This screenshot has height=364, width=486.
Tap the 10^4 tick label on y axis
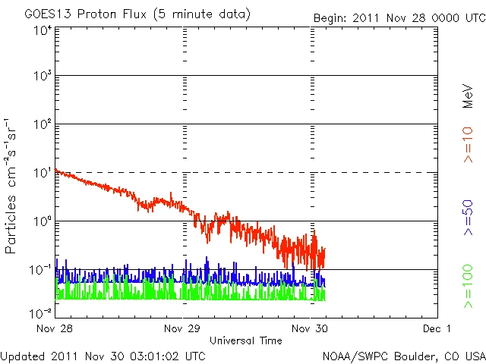click(42, 30)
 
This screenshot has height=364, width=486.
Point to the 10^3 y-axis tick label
click(42, 77)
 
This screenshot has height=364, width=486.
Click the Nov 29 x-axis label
click(182, 329)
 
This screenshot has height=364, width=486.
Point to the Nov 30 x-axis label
click(311, 329)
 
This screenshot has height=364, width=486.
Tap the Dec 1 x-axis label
click(437, 329)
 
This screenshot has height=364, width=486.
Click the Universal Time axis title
click(246, 340)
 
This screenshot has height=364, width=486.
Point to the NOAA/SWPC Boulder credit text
click(403, 356)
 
